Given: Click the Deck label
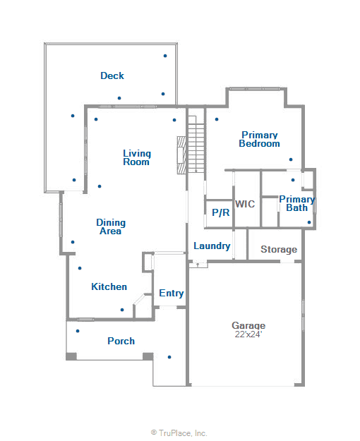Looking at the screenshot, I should (x=112, y=75).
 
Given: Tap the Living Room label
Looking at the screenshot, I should (x=136, y=157).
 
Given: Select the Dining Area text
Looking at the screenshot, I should (x=111, y=226).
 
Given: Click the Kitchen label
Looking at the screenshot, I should (x=109, y=286).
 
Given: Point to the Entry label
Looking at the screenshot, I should (x=171, y=294).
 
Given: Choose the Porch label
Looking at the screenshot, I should (x=121, y=341).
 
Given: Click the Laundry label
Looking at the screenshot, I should (x=212, y=246).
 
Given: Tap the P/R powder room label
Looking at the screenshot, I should (x=220, y=212).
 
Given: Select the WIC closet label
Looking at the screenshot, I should (x=245, y=204).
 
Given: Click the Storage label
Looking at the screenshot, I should (x=279, y=250).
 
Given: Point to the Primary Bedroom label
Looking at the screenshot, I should (x=259, y=139).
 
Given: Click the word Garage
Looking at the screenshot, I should (x=248, y=325).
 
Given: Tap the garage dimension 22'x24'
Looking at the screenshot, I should (x=248, y=334).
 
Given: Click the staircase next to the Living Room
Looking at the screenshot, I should (x=196, y=148).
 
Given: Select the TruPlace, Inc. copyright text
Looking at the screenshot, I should (x=179, y=433).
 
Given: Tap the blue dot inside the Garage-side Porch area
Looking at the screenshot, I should (x=169, y=356).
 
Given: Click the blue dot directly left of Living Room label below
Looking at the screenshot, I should (x=100, y=186).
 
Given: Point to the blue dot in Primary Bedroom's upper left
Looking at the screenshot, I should (x=217, y=119).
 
